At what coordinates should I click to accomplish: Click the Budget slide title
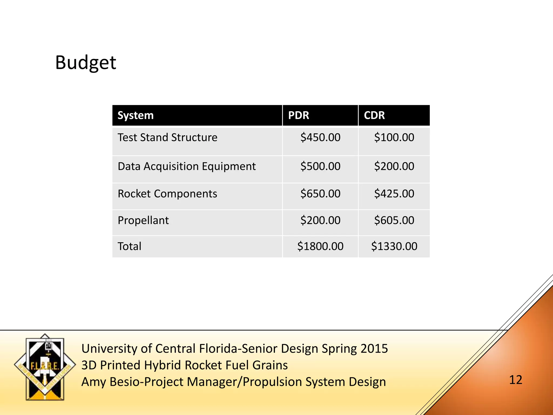click(x=85, y=63)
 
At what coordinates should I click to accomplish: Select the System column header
click(x=136, y=115)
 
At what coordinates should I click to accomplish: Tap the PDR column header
click(x=298, y=115)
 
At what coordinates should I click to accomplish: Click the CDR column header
click(x=374, y=115)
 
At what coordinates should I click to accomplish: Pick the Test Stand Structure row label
click(x=167, y=138)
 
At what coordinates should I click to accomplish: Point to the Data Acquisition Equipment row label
click(x=187, y=166)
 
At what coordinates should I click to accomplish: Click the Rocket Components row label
click(x=167, y=194)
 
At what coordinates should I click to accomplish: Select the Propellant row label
click(x=143, y=220)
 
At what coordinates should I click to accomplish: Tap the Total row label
click(x=129, y=246)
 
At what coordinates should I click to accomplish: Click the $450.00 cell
click(x=320, y=138)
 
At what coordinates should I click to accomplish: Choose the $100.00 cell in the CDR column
click(x=394, y=138)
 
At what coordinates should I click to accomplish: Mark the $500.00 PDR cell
click(x=320, y=166)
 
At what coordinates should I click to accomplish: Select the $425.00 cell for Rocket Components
click(x=394, y=194)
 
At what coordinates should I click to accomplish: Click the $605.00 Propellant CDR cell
click(x=394, y=220)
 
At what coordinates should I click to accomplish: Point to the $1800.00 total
click(x=320, y=246)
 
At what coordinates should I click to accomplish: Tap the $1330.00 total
click(x=394, y=246)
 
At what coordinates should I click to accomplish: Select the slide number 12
click(x=515, y=380)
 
